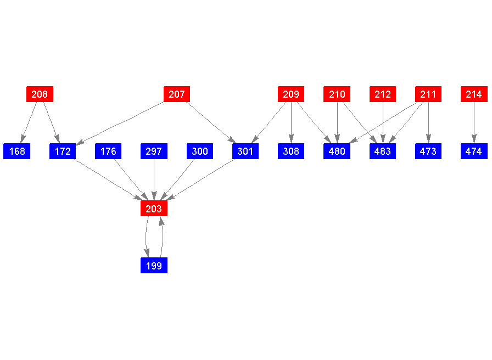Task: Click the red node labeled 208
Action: click(40, 94)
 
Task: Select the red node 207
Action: click(177, 94)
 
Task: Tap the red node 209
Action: click(291, 94)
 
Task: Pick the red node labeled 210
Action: click(337, 94)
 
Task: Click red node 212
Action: click(383, 94)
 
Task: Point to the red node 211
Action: click(428, 94)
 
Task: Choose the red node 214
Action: click(474, 94)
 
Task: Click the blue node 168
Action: click(17, 151)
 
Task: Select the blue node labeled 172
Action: click(63, 151)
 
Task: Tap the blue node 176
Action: click(108, 151)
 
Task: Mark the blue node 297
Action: click(154, 151)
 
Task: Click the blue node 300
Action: click(200, 151)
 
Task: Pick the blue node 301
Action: click(245, 151)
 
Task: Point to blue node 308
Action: click(291, 151)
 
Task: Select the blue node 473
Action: click(428, 151)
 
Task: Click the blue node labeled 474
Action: click(474, 151)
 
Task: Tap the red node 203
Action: click(154, 209)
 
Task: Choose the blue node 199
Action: click(154, 266)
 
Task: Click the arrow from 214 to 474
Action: click(474, 123)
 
